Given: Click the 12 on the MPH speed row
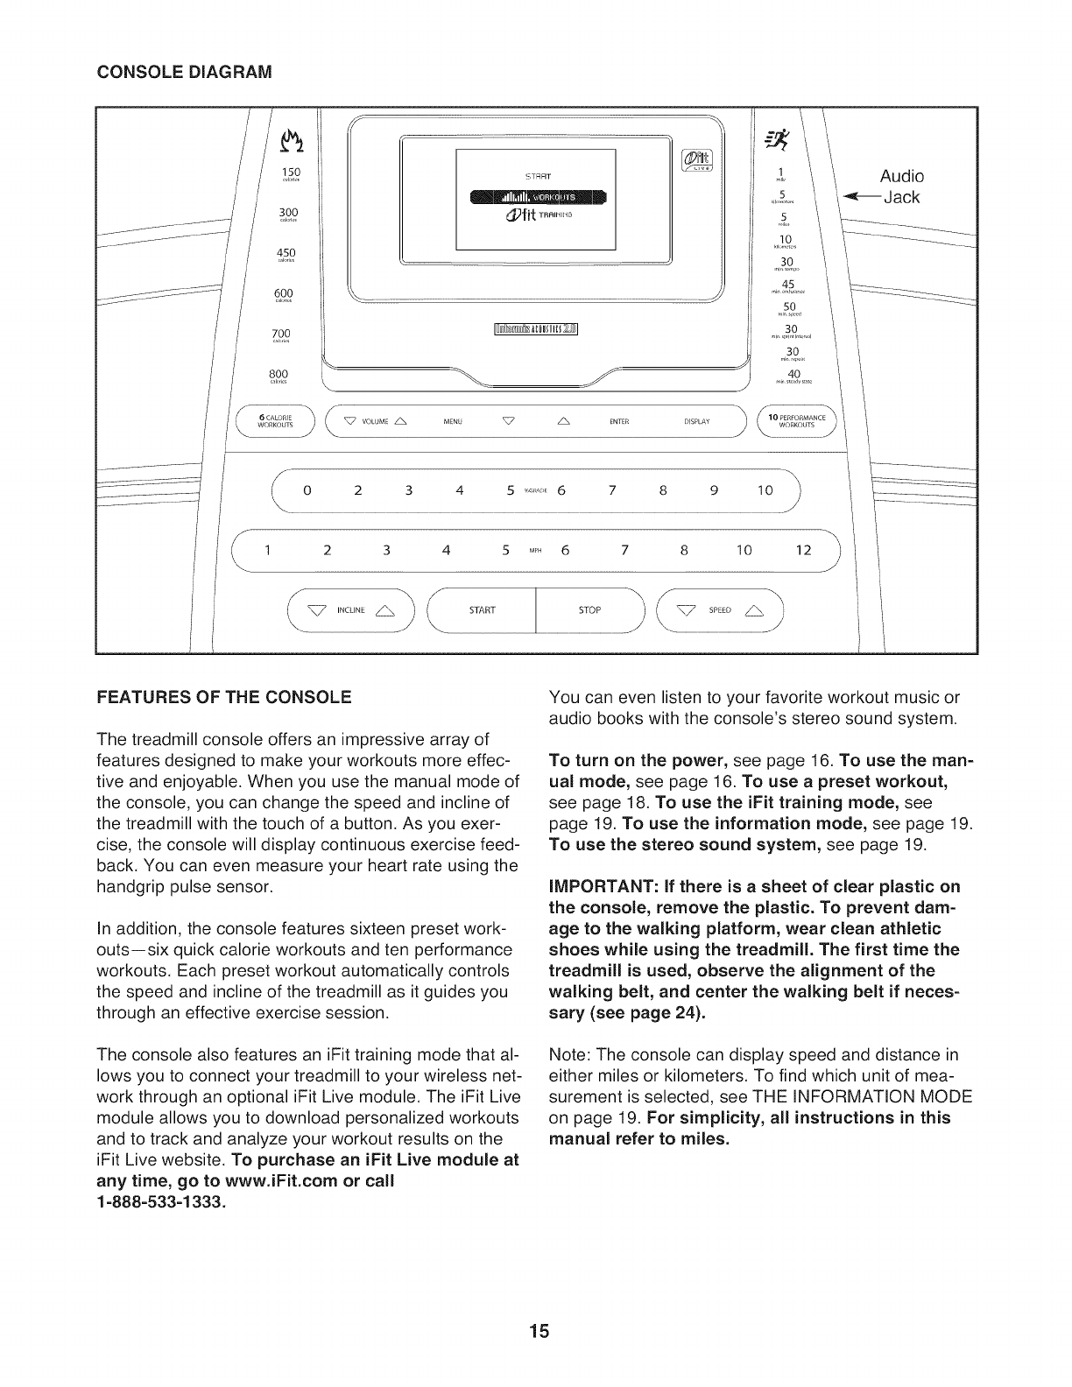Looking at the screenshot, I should tap(805, 551).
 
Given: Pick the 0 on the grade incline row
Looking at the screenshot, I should tap(307, 491).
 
